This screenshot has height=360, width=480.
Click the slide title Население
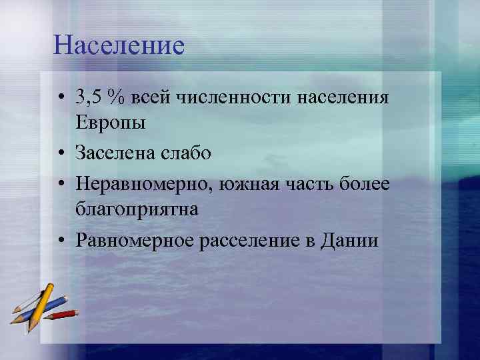point(119,46)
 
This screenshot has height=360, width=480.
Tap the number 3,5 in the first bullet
point(89,99)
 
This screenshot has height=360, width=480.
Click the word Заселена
point(117,153)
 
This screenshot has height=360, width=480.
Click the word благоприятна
point(137,209)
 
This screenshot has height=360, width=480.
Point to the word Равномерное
point(135,239)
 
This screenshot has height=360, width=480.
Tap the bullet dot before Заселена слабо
point(61,154)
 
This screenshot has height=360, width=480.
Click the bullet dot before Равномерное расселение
point(61,240)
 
